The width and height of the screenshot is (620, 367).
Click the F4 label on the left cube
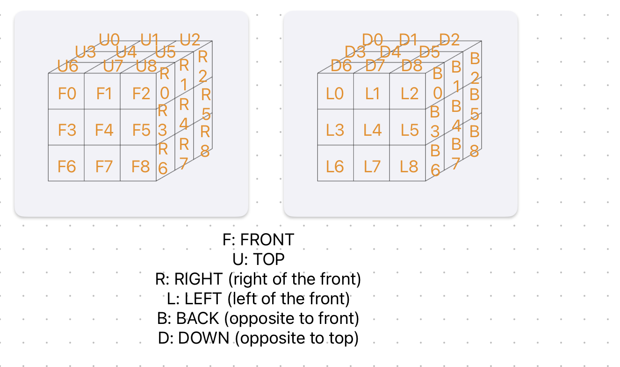[104, 130]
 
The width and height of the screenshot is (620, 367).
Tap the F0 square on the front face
[66, 91]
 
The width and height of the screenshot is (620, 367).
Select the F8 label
[141, 167]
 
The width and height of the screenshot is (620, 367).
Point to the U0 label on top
[109, 40]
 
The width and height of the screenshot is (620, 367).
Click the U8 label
[146, 66]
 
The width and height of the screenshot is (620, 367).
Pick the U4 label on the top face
[126, 52]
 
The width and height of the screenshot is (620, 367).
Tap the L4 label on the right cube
[373, 130]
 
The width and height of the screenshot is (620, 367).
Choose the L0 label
[335, 94]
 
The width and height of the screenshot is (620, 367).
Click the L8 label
[409, 167]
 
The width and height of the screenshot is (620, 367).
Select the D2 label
[449, 40]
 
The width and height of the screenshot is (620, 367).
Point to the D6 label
[341, 66]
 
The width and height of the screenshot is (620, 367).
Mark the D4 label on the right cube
[390, 52]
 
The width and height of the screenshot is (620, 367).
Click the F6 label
[67, 167]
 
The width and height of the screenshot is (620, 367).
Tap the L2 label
[410, 94]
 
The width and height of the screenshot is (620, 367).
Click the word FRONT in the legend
[267, 240]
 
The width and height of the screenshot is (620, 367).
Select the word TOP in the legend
[269, 259]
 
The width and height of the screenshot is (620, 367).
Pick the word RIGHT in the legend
[198, 279]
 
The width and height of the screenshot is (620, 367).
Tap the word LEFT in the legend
[203, 299]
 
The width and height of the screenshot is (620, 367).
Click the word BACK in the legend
[198, 318]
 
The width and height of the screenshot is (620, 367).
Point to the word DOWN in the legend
[203, 338]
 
